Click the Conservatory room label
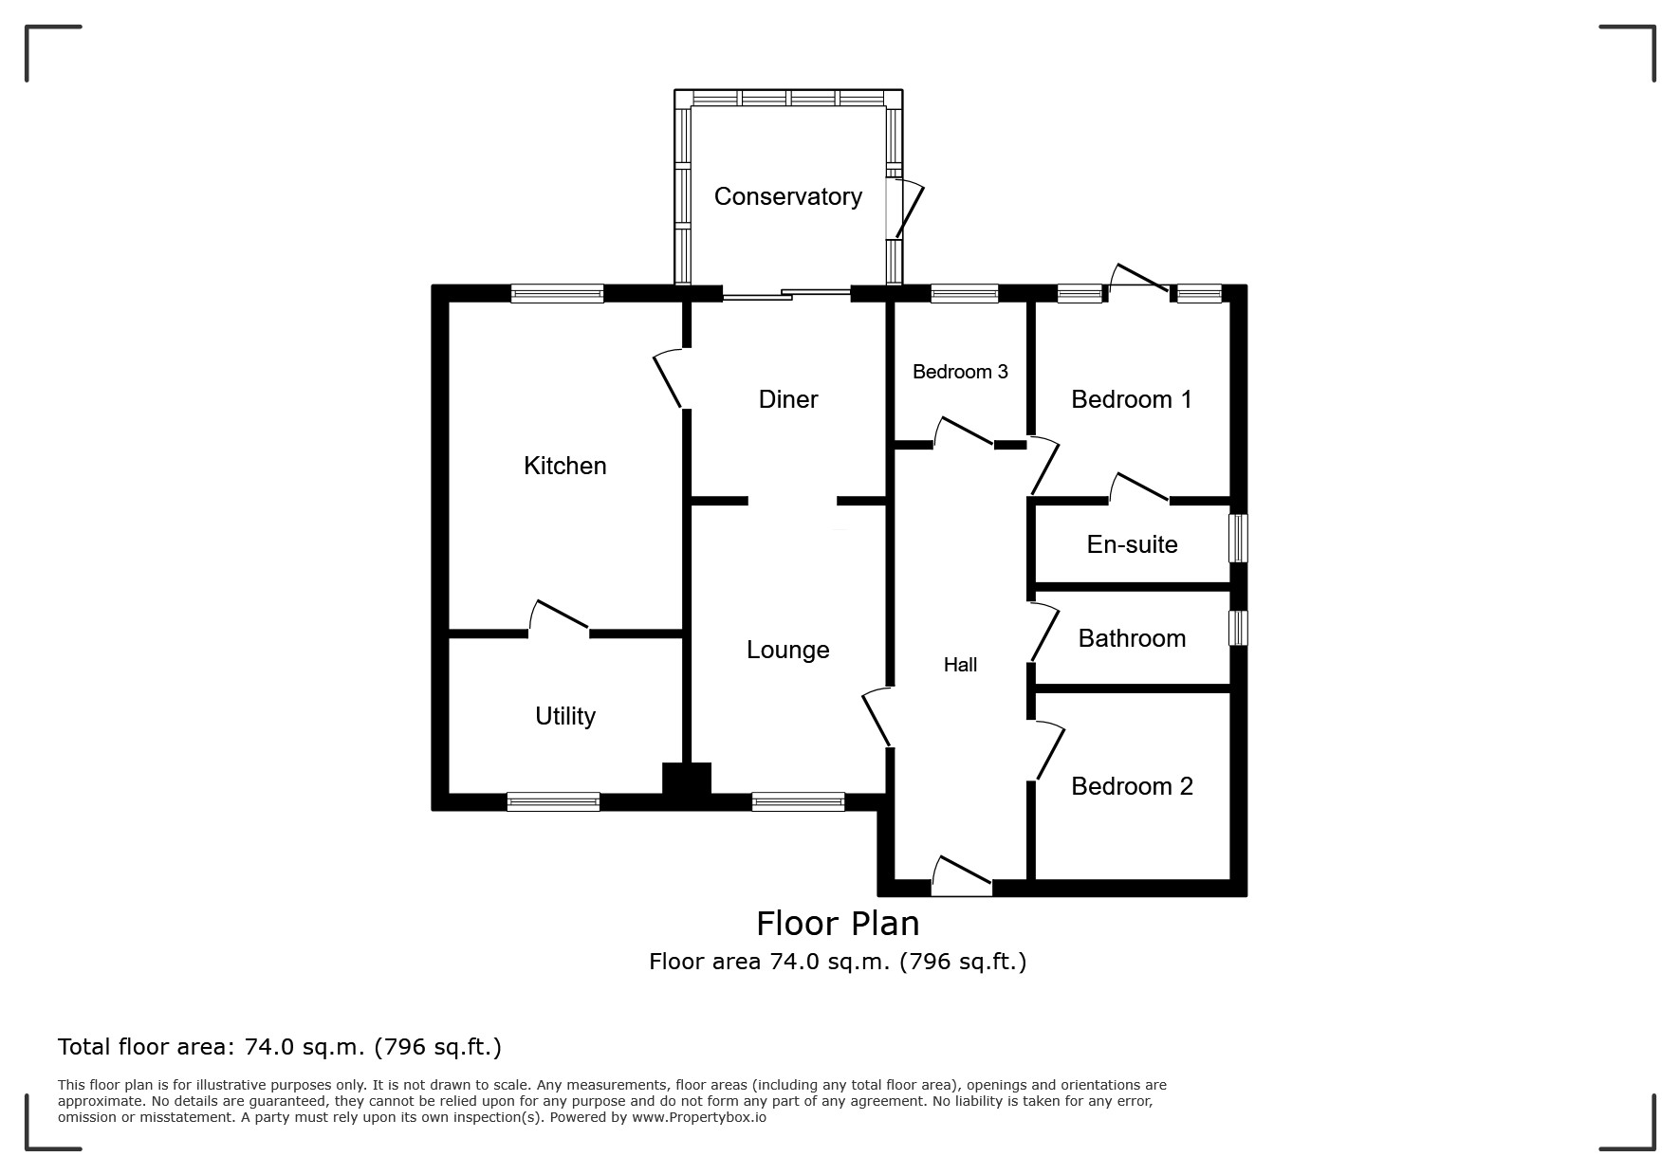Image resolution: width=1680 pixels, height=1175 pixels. point(787,196)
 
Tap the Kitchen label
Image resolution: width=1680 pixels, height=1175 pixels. point(564,466)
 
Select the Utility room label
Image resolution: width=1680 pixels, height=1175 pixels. point(565,716)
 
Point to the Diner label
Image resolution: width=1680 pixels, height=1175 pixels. point(788,399)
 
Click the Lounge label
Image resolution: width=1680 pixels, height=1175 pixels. point(788,650)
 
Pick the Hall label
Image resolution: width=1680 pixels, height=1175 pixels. point(960,665)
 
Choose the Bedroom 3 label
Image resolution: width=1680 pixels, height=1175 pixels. point(960,372)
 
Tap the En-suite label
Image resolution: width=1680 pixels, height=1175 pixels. point(1132,544)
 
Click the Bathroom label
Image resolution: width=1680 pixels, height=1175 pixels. point(1132,638)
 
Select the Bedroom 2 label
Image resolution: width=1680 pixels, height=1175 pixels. point(1132,786)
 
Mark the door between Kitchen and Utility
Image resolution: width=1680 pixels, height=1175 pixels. point(560,616)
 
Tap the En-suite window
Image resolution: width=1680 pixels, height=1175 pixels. point(1239,538)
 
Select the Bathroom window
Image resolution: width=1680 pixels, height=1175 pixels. point(1239,628)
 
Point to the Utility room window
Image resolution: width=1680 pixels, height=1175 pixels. point(553,802)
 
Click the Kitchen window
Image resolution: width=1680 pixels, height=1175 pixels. point(557,294)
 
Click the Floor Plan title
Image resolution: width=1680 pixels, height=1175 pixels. point(838,924)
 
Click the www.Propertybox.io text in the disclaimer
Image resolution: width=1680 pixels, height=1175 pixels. point(699,1117)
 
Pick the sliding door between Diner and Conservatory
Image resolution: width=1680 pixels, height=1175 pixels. point(786,294)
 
